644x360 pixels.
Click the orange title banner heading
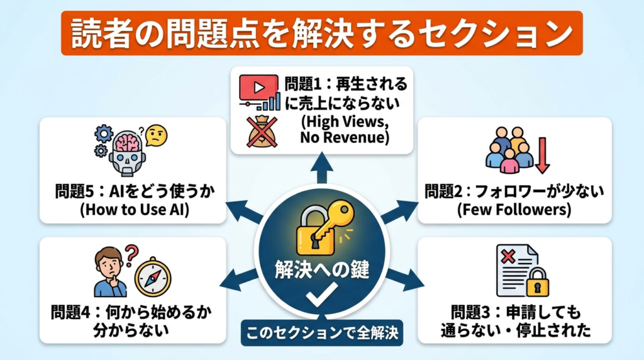pos(321,33)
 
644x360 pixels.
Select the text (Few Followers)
pos(514,210)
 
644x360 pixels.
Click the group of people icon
pos(509,151)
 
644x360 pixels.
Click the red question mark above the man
pos(130,255)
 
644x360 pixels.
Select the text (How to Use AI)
pos(132,210)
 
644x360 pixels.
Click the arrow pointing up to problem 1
pos(321,170)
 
